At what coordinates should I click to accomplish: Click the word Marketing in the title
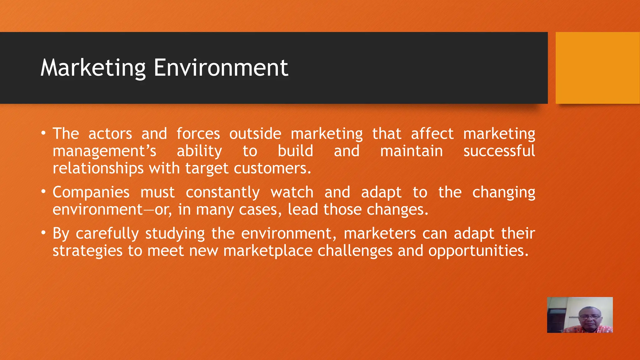pos(93,68)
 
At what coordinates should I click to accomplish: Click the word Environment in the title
pos(221,68)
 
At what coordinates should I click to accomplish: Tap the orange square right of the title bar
pos(597,68)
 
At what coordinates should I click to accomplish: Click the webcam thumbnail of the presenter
pos(580,315)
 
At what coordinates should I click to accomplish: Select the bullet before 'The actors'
pos(43,134)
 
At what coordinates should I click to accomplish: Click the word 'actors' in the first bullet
pos(110,134)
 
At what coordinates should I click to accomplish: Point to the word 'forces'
pos(198,134)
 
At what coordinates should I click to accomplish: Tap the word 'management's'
pos(104,151)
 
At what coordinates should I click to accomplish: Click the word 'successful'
pos(499,151)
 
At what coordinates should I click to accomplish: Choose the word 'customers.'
pos(272,168)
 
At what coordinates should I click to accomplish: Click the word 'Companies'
pos(91,192)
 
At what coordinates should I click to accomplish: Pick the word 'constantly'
pos(222,192)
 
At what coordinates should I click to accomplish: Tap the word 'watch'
pos(292,192)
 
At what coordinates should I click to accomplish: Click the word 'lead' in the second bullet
pos(302,209)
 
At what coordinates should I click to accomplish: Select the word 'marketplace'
pos(268,251)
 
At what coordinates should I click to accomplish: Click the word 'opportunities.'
pos(478,251)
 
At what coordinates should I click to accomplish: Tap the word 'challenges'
pos(355,251)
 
